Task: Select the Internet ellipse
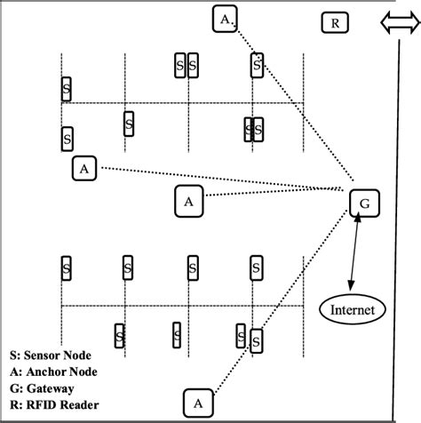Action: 353,310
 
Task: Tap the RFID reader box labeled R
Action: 333,23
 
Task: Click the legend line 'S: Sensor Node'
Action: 50,354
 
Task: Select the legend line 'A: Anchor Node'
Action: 52,371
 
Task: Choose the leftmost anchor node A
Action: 83,168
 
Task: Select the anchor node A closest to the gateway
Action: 188,201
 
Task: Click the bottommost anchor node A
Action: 198,403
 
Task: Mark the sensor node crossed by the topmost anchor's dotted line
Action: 257,64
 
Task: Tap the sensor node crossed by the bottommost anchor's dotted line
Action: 256,341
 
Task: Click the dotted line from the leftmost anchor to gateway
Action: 222,178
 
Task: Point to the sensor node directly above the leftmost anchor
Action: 67,139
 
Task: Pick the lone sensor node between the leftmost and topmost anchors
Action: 129,124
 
